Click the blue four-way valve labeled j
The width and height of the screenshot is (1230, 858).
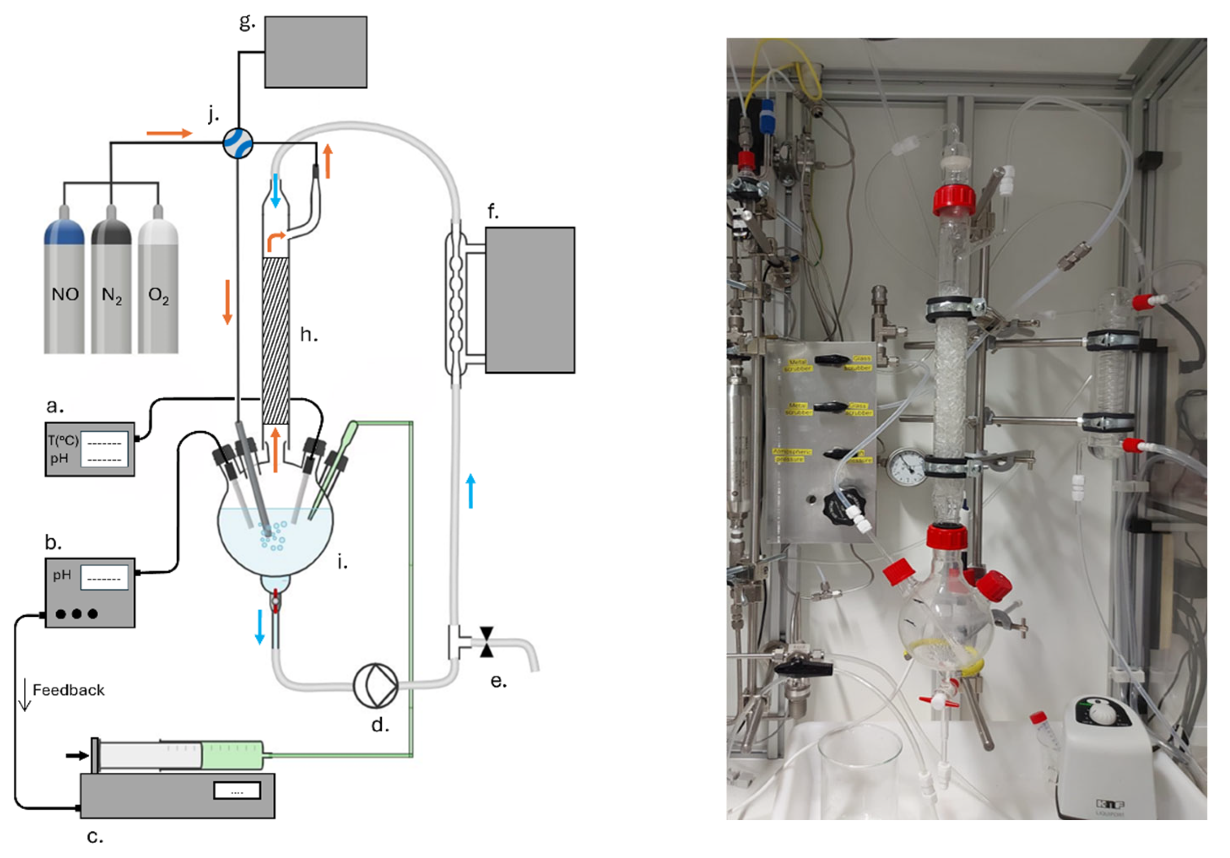(237, 143)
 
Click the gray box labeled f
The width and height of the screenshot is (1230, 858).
(530, 300)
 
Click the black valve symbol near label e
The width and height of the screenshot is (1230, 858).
(486, 642)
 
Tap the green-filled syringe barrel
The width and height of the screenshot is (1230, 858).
(232, 755)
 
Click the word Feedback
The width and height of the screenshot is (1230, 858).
(69, 690)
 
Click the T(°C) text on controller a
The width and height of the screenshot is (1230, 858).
(63, 441)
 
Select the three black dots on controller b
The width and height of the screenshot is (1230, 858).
(77, 614)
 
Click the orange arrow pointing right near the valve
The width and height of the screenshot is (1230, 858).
(169, 133)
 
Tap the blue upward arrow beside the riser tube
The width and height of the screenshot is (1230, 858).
(471, 490)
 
